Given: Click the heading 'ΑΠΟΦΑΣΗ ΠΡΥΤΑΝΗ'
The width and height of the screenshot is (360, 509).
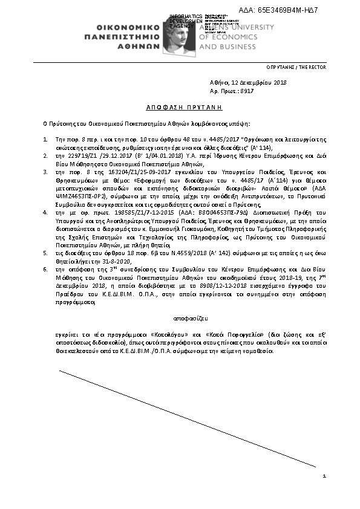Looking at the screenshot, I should tap(176, 106).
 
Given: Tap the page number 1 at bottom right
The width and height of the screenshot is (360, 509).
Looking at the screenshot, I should tap(325, 477).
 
